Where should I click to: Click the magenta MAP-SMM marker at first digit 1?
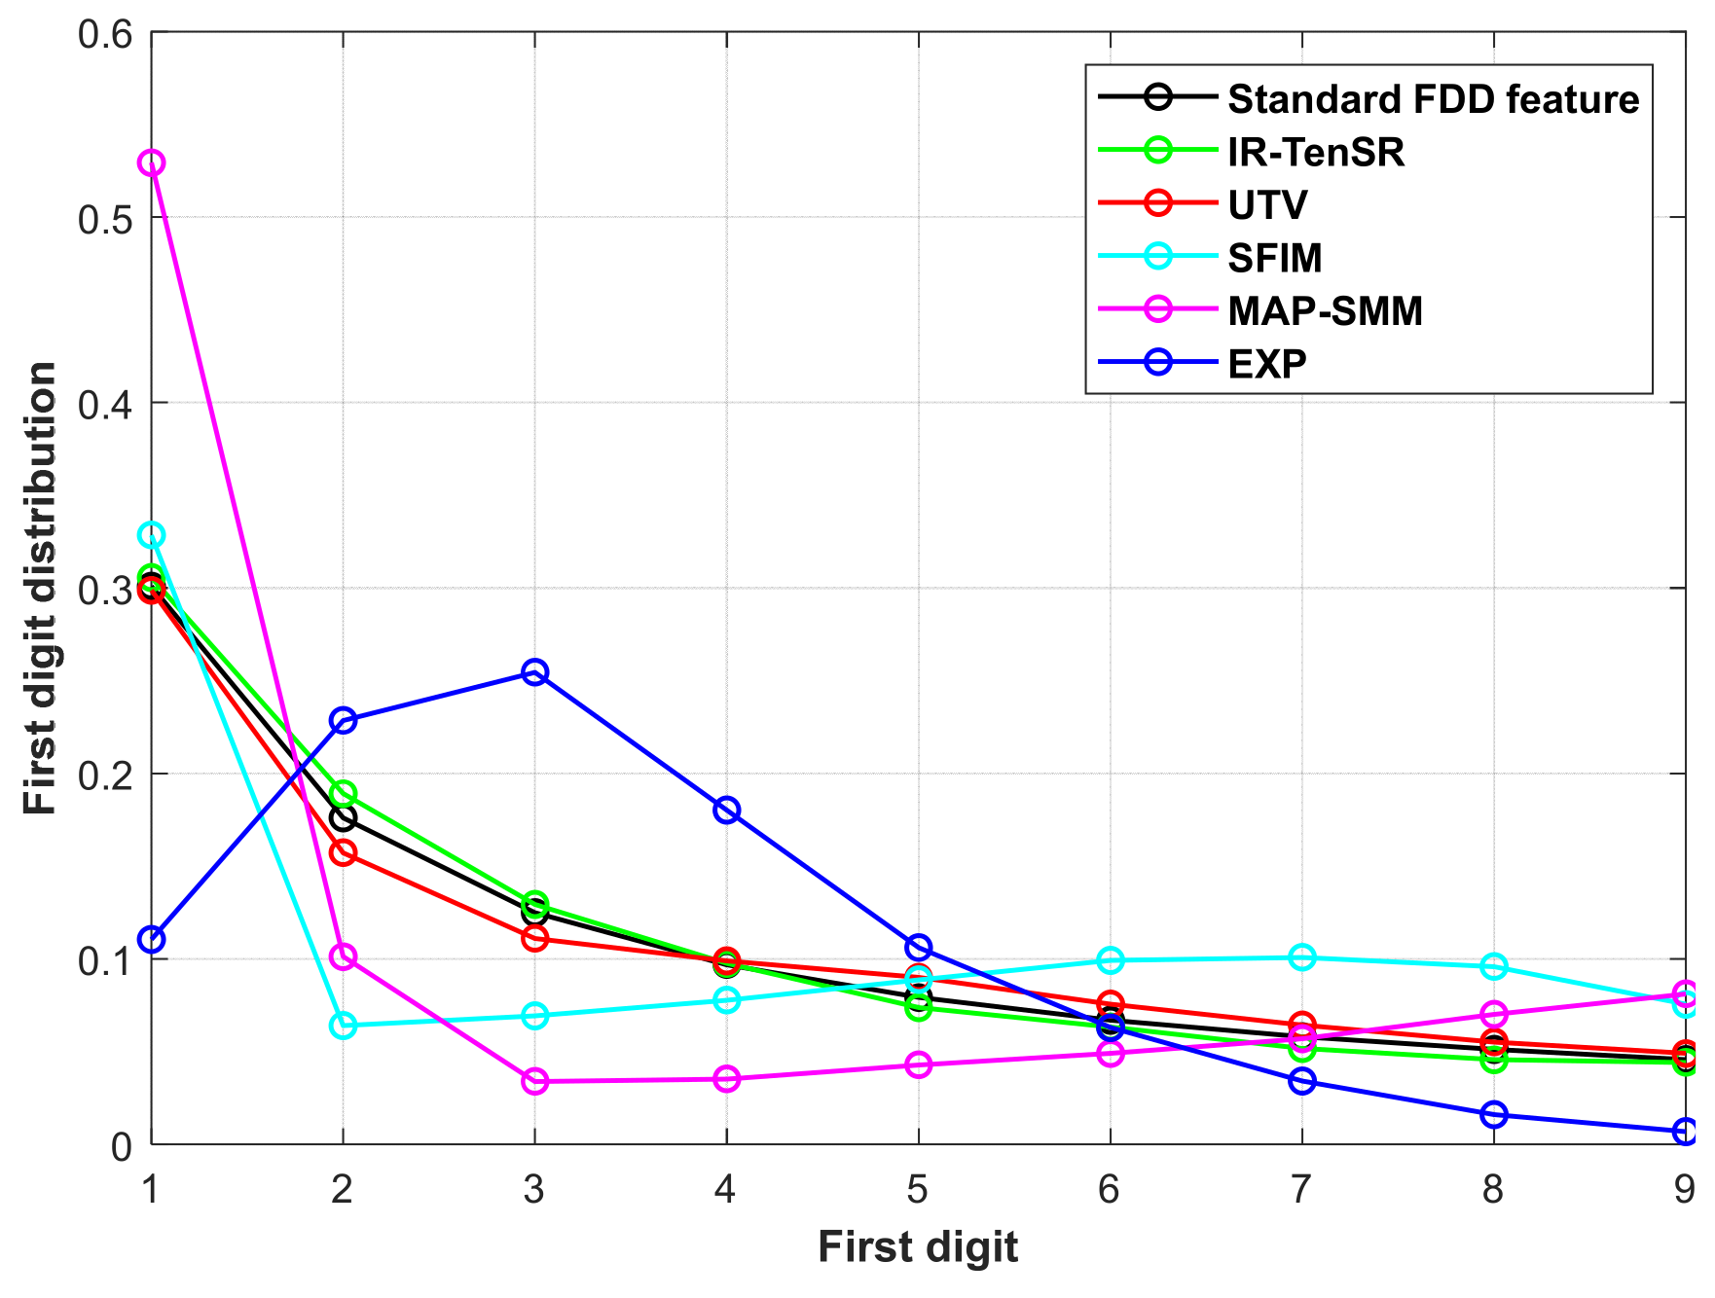151,162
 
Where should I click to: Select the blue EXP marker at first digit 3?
534,672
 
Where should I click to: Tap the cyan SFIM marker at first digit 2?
343,1026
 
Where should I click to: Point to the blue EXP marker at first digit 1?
151,940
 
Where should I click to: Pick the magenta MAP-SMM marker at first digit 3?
534,1081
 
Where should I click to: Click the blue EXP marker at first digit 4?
726,811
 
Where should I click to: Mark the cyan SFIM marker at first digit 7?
1302,957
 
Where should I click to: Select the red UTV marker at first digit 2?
343,853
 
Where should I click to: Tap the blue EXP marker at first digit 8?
1494,1115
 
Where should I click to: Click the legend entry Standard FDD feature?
1433,99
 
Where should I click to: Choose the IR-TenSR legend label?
1316,152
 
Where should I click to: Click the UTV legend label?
1267,205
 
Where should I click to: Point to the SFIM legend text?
1275,258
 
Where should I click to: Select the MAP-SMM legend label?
1325,311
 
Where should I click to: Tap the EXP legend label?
1267,364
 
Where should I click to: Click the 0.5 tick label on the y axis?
104,219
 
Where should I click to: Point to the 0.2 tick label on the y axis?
104,775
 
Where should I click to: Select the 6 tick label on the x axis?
1110,1189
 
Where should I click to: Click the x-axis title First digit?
918,1247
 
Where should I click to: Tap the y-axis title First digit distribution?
41,589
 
